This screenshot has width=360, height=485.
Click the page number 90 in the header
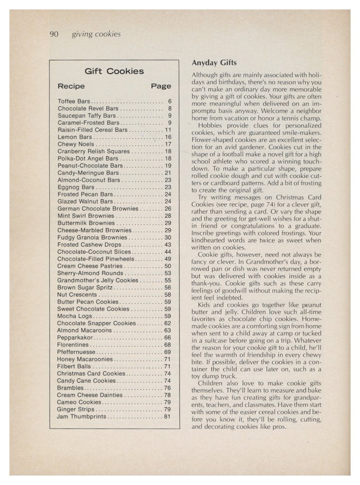point(53,34)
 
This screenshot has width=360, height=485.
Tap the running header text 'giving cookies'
point(96,34)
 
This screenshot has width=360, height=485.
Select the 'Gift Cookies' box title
point(114,71)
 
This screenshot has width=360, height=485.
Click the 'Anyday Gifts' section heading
point(214,63)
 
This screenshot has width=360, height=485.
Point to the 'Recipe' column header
point(71,86)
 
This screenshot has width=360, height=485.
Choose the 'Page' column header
point(161,86)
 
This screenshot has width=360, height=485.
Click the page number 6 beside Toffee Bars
point(169,102)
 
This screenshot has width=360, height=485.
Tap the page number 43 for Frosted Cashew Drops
point(167,245)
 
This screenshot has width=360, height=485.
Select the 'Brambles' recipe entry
point(71,388)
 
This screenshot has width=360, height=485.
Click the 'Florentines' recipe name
point(73,345)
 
